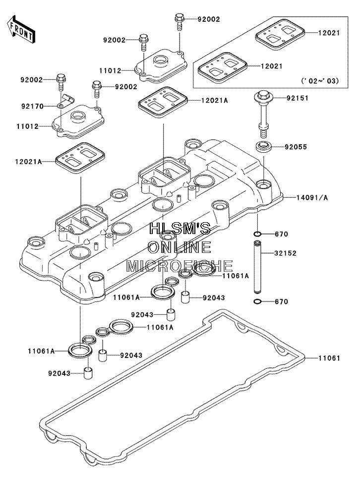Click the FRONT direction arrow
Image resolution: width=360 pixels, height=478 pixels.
[21, 30]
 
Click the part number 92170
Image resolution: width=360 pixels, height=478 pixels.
[32, 107]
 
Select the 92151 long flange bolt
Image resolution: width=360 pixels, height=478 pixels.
[263, 115]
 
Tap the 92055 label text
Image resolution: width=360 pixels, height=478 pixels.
[296, 147]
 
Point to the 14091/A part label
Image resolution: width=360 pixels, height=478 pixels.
[312, 197]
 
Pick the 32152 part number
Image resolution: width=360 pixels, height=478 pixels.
[285, 253]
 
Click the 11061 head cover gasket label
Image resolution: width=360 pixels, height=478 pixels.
[329, 358]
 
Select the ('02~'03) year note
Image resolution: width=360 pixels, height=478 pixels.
[320, 81]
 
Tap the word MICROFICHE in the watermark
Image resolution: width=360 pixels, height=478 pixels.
[180, 266]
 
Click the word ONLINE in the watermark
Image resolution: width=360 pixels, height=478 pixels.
[180, 247]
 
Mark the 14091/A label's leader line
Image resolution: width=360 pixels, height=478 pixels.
[290, 197]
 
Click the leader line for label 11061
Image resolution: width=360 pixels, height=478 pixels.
[311, 358]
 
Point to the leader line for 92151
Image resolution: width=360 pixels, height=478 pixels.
[278, 98]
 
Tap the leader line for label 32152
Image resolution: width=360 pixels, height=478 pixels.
[268, 253]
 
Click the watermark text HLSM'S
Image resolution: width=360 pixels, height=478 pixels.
[180, 228]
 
